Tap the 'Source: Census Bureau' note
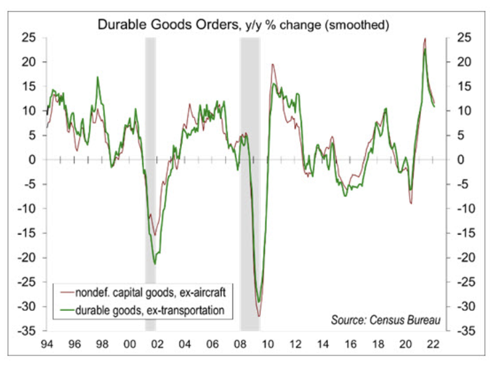coord(386,321)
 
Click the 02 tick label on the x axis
coord(157,344)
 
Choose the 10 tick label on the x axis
coord(268,344)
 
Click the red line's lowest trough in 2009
coord(259,316)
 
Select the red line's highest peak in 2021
coord(425,39)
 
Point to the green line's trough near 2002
coord(155,264)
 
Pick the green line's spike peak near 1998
coord(98,78)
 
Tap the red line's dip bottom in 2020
coord(411,202)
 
